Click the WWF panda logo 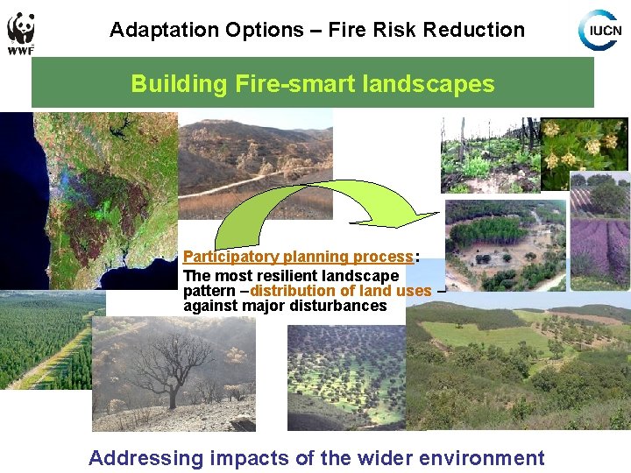[20, 31]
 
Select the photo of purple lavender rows [599, 236]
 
